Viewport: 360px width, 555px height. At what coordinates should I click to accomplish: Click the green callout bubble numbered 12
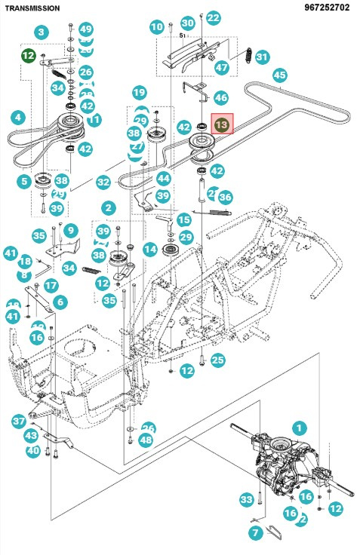click(x=29, y=55)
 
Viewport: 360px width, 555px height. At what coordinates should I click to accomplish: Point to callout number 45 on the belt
click(x=279, y=75)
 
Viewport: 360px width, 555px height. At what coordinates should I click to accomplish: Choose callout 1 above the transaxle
click(x=300, y=428)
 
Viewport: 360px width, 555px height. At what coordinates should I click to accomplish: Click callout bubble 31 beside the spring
click(x=261, y=57)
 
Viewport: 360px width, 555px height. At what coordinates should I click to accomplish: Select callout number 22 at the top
click(x=214, y=17)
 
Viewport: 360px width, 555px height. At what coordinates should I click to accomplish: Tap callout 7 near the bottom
click(x=254, y=533)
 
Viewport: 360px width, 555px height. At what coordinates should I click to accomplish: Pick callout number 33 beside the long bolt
click(x=246, y=499)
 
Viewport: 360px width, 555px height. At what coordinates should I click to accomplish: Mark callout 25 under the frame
click(x=217, y=360)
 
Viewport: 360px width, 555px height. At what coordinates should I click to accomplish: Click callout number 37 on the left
click(x=19, y=421)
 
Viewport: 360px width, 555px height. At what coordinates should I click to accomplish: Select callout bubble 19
click(x=139, y=93)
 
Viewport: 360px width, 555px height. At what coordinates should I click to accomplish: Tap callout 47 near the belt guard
click(x=221, y=67)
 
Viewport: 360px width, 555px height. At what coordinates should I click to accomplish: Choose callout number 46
click(x=220, y=97)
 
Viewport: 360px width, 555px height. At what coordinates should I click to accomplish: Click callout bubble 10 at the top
click(x=156, y=27)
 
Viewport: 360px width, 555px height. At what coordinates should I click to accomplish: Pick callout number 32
click(x=103, y=182)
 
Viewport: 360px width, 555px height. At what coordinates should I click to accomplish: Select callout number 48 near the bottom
click(x=146, y=440)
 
